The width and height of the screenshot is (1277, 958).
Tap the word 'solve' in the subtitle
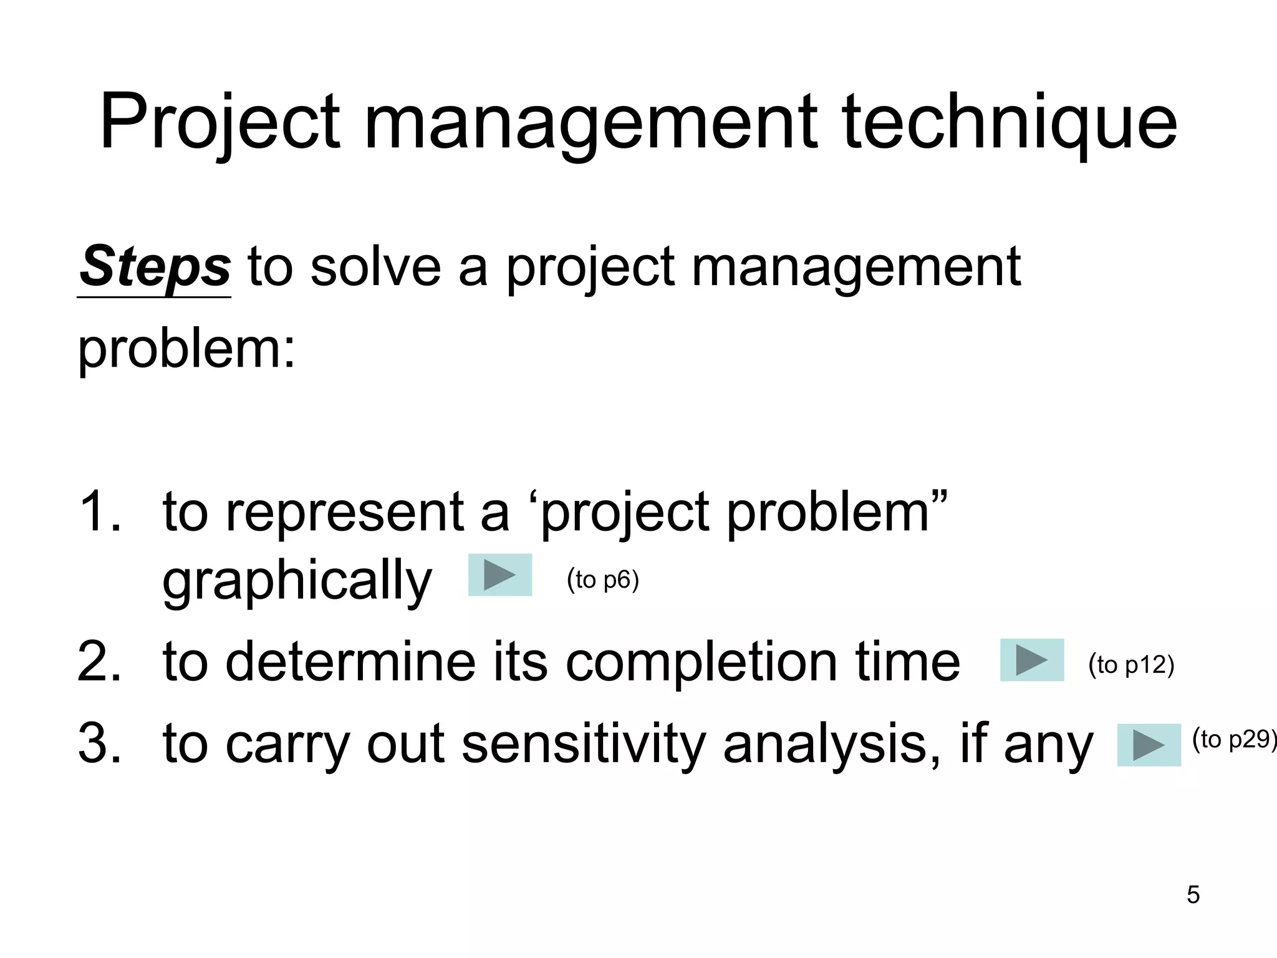pyautogui.click(x=377, y=267)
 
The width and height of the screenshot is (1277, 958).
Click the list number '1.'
pyautogui.click(x=100, y=511)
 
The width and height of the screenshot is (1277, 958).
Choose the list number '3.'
pyautogui.click(x=100, y=743)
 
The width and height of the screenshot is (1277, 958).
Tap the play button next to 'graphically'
pyautogui.click(x=500, y=574)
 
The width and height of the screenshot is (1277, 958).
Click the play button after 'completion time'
pyautogui.click(x=1032, y=660)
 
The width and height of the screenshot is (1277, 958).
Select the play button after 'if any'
pyautogui.click(x=1149, y=745)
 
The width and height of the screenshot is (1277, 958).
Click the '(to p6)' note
pyautogui.click(x=603, y=580)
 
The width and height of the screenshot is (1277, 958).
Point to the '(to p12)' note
pyautogui.click(x=1131, y=665)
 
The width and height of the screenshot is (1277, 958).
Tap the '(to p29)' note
pyautogui.click(x=1233, y=740)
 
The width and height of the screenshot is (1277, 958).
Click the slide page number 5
pyautogui.click(x=1193, y=895)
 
